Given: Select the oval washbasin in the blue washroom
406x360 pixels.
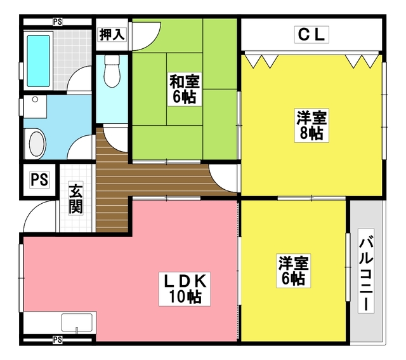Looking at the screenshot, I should [x=36, y=142].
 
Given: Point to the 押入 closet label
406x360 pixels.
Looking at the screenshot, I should [x=112, y=35].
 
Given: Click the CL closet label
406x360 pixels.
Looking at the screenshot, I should [x=311, y=35].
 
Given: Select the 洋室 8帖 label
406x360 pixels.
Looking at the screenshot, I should [x=311, y=125].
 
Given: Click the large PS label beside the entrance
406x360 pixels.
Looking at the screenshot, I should [x=39, y=180].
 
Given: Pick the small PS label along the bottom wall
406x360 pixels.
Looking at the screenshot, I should [x=58, y=340].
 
